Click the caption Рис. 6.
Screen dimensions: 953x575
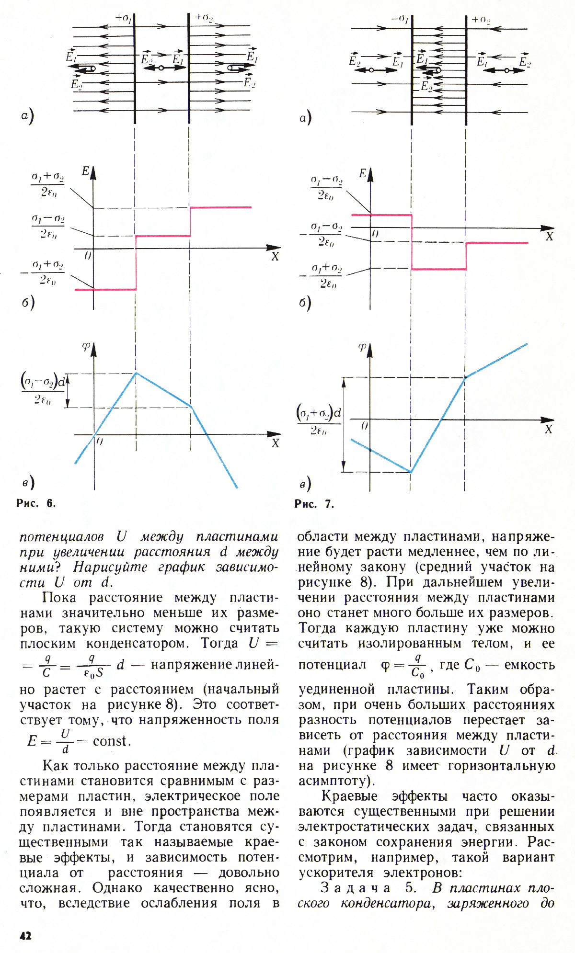(36, 503)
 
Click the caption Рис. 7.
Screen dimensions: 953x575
(314, 504)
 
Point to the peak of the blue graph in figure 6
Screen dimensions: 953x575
(137, 373)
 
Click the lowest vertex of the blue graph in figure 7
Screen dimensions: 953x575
(411, 472)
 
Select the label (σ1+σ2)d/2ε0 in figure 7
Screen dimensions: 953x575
(319, 420)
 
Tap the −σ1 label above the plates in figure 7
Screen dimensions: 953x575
(400, 19)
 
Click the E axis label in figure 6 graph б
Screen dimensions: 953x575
(86, 171)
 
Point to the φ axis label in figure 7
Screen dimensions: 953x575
(362, 347)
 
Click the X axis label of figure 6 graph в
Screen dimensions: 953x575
(275, 443)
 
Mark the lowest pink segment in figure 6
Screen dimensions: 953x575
(105, 289)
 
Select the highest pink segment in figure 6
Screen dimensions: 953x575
(221, 207)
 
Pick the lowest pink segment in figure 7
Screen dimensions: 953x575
(439, 269)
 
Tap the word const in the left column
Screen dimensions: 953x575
(112, 741)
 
